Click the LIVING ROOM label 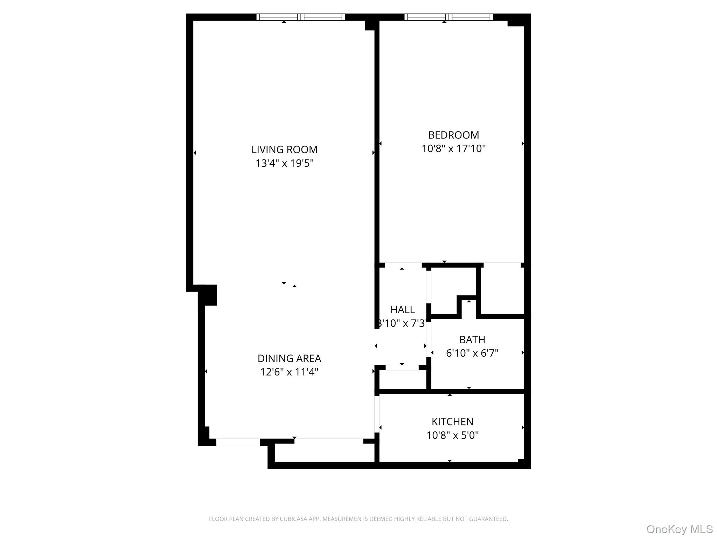pyautogui.click(x=284, y=150)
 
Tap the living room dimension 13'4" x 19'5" pyautogui.click(x=284, y=163)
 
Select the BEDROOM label pyautogui.click(x=453, y=135)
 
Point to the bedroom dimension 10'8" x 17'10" pyautogui.click(x=453, y=149)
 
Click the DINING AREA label pyautogui.click(x=289, y=358)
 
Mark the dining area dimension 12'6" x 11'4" pyautogui.click(x=289, y=372)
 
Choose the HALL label pyautogui.click(x=402, y=309)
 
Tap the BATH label pyautogui.click(x=472, y=339)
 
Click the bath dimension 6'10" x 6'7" pyautogui.click(x=472, y=353)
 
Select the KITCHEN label pyautogui.click(x=452, y=422)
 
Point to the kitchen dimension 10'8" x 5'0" pyautogui.click(x=452, y=435)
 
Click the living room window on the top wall pyautogui.click(x=301, y=17)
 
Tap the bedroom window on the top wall pyautogui.click(x=448, y=17)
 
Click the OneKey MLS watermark pyautogui.click(x=679, y=529)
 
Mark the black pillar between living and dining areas pyautogui.click(x=208, y=295)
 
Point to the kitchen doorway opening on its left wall pyautogui.click(x=377, y=414)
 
